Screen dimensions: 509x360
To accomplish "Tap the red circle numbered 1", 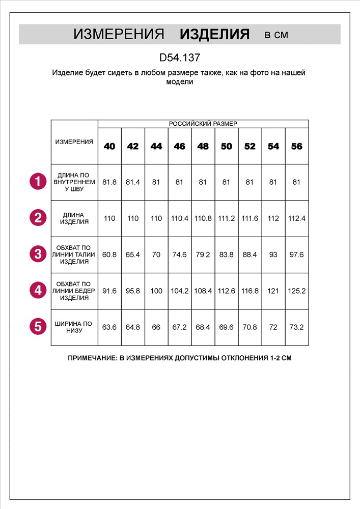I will pos(38,182).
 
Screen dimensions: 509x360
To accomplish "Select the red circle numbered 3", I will pos(38,254).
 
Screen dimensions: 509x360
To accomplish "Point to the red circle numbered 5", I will pos(38,327).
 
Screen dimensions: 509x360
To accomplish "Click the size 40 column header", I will pos(109,146).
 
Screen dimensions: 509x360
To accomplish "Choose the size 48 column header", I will pos(203,146).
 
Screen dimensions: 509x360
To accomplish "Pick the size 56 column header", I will pos(297,146).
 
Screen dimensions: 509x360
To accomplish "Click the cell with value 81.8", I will pos(109,182).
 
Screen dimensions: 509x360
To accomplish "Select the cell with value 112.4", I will pos(297,218).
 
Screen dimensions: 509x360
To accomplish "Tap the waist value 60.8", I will pos(109,254).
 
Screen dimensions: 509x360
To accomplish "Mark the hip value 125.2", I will pos(297,291).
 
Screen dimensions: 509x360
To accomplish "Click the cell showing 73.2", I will pos(297,327).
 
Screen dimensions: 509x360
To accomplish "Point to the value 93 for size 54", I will pos(273,254).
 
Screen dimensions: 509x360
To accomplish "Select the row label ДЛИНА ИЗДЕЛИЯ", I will pos(74,218).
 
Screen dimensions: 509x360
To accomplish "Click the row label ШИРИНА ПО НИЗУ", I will pos(74,327).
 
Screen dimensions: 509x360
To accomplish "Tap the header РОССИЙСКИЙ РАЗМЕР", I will pos(203,124).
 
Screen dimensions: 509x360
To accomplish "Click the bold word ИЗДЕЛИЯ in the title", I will pos(214,35).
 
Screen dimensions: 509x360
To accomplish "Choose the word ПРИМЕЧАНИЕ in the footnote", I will pos(92,358).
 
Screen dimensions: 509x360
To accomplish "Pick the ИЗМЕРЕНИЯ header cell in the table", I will pos(74,142).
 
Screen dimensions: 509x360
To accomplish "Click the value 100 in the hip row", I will pos(156,291).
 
